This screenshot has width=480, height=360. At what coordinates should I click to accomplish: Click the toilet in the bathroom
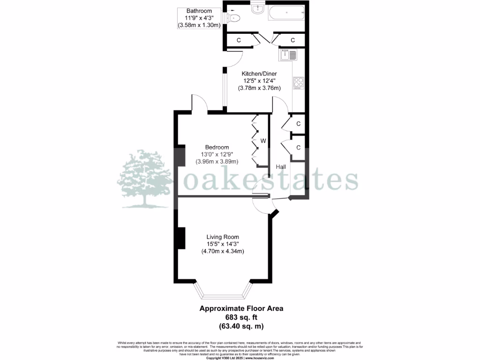[234, 18]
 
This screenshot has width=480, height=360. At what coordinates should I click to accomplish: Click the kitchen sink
[288, 56]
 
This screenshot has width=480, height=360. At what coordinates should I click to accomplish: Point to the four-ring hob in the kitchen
[299, 83]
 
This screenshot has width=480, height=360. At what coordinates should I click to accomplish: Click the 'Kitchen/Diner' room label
[259, 74]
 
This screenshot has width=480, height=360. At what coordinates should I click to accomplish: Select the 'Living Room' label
[223, 237]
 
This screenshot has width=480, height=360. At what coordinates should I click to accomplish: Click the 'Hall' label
[281, 167]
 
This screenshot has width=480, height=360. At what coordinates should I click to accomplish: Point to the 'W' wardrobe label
[263, 141]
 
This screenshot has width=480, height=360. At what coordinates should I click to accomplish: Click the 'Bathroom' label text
[199, 11]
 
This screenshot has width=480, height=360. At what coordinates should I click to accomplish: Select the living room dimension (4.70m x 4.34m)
[223, 251]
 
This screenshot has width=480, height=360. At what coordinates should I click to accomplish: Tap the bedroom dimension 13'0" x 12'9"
[217, 154]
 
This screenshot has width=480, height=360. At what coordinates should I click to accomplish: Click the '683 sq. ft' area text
[241, 317]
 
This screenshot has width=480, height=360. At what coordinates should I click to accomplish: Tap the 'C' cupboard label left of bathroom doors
[239, 41]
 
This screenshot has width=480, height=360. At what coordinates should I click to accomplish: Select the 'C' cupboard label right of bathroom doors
[292, 41]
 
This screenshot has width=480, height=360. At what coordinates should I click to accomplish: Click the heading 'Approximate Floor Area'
[241, 308]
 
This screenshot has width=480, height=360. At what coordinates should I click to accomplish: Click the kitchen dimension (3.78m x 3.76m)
[259, 88]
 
